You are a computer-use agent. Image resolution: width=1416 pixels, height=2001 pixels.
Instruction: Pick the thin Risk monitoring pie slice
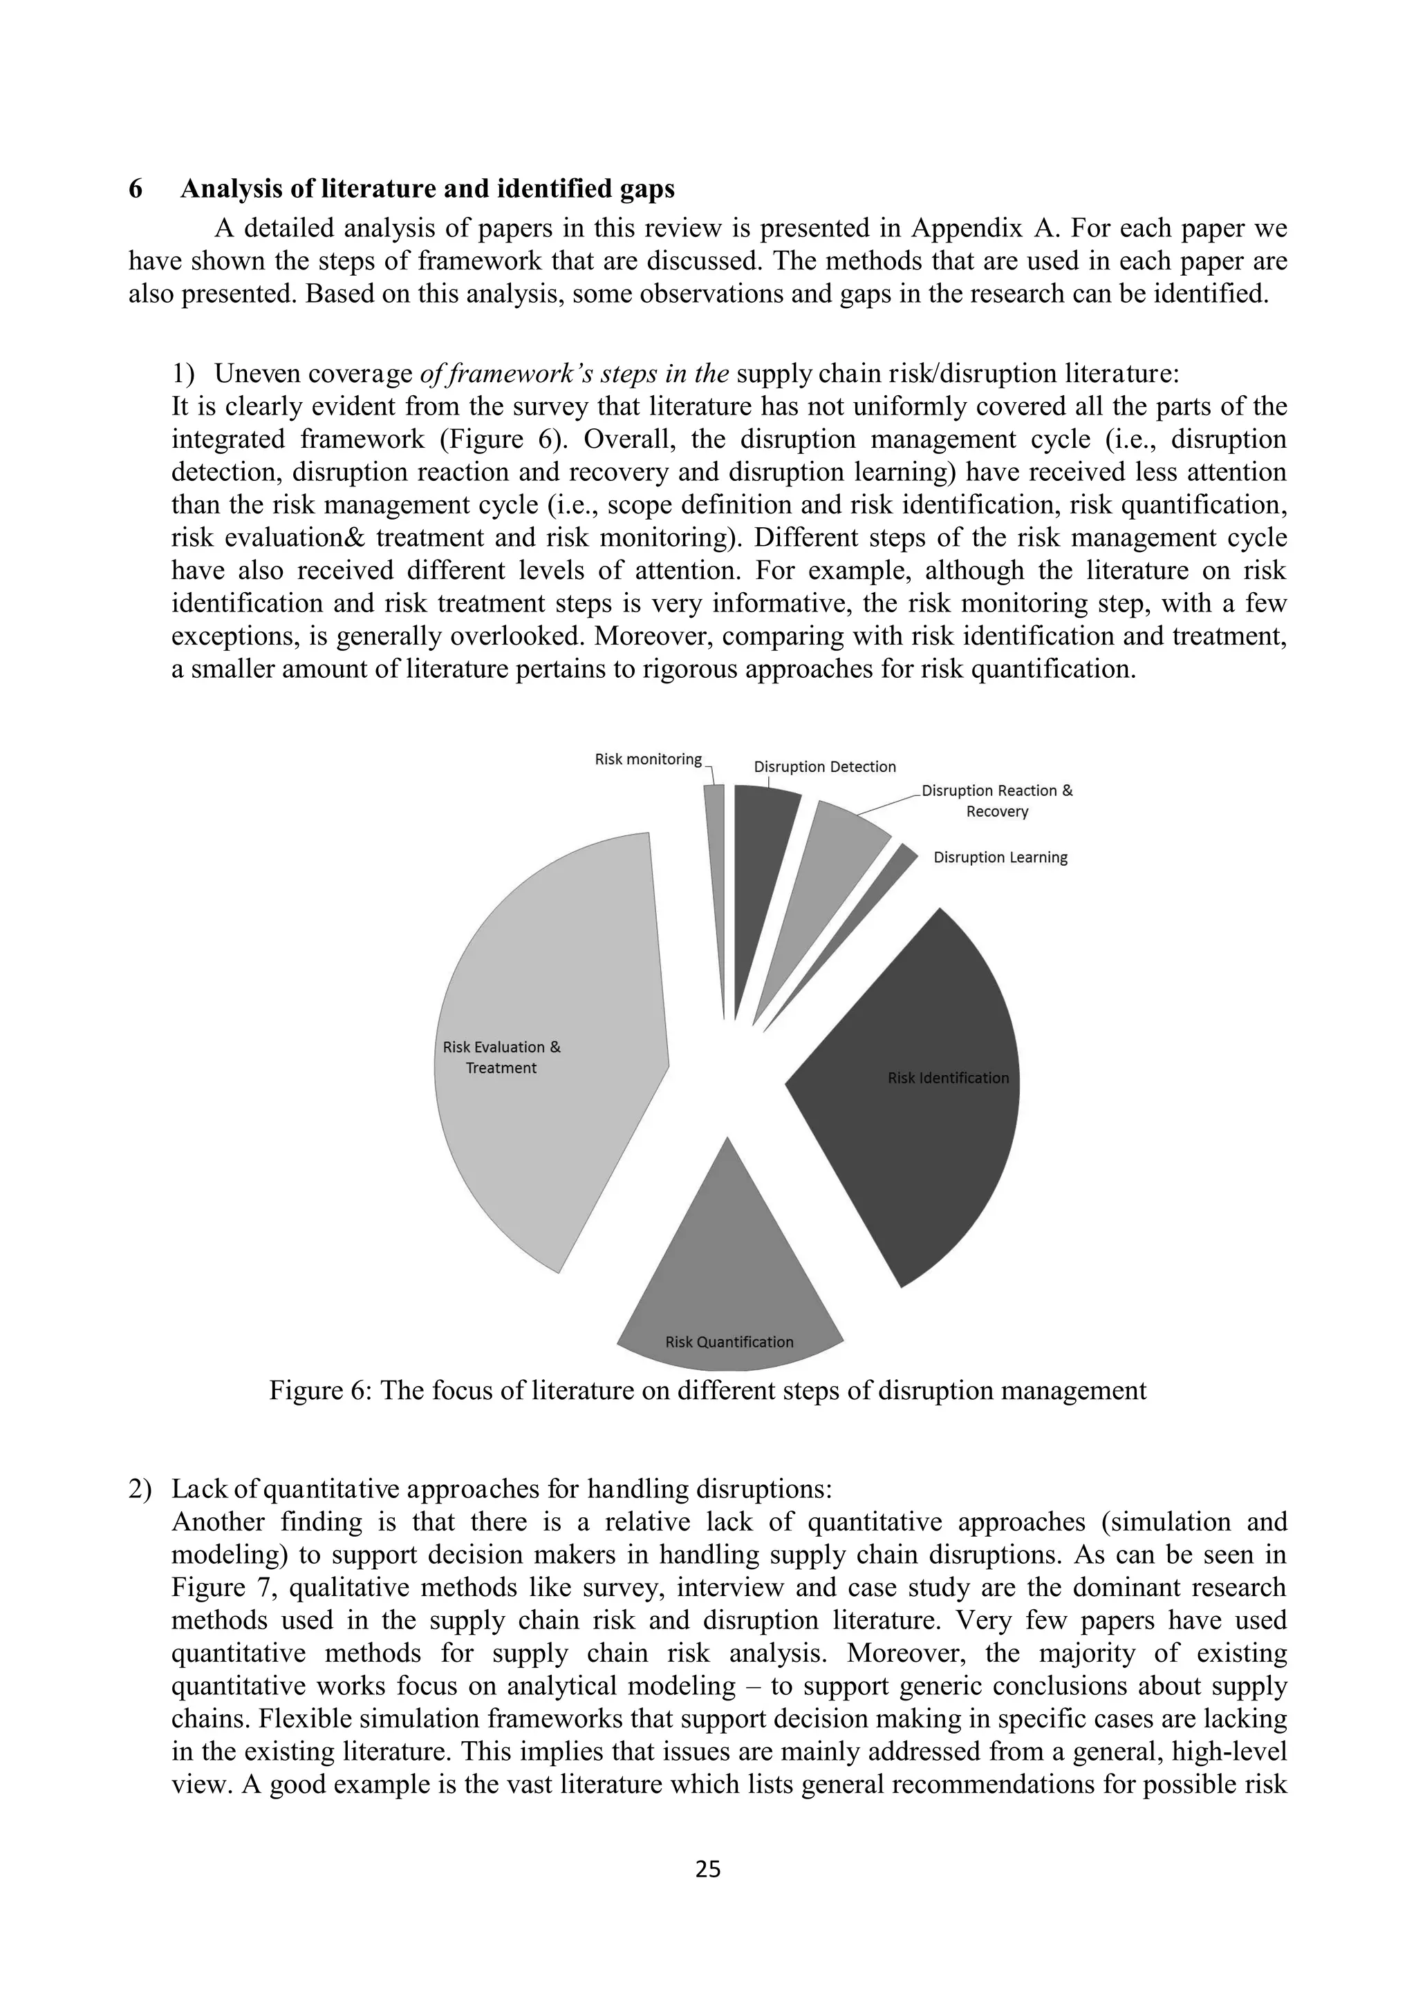pos(716,871)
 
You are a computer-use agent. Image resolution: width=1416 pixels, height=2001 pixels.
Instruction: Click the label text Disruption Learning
pos(1000,857)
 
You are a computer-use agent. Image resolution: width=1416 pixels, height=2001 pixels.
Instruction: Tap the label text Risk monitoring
pos(648,759)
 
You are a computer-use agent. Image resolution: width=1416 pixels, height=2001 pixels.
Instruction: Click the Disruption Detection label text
pos(824,767)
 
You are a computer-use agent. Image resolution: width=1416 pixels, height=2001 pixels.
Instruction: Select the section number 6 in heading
pos(136,189)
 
